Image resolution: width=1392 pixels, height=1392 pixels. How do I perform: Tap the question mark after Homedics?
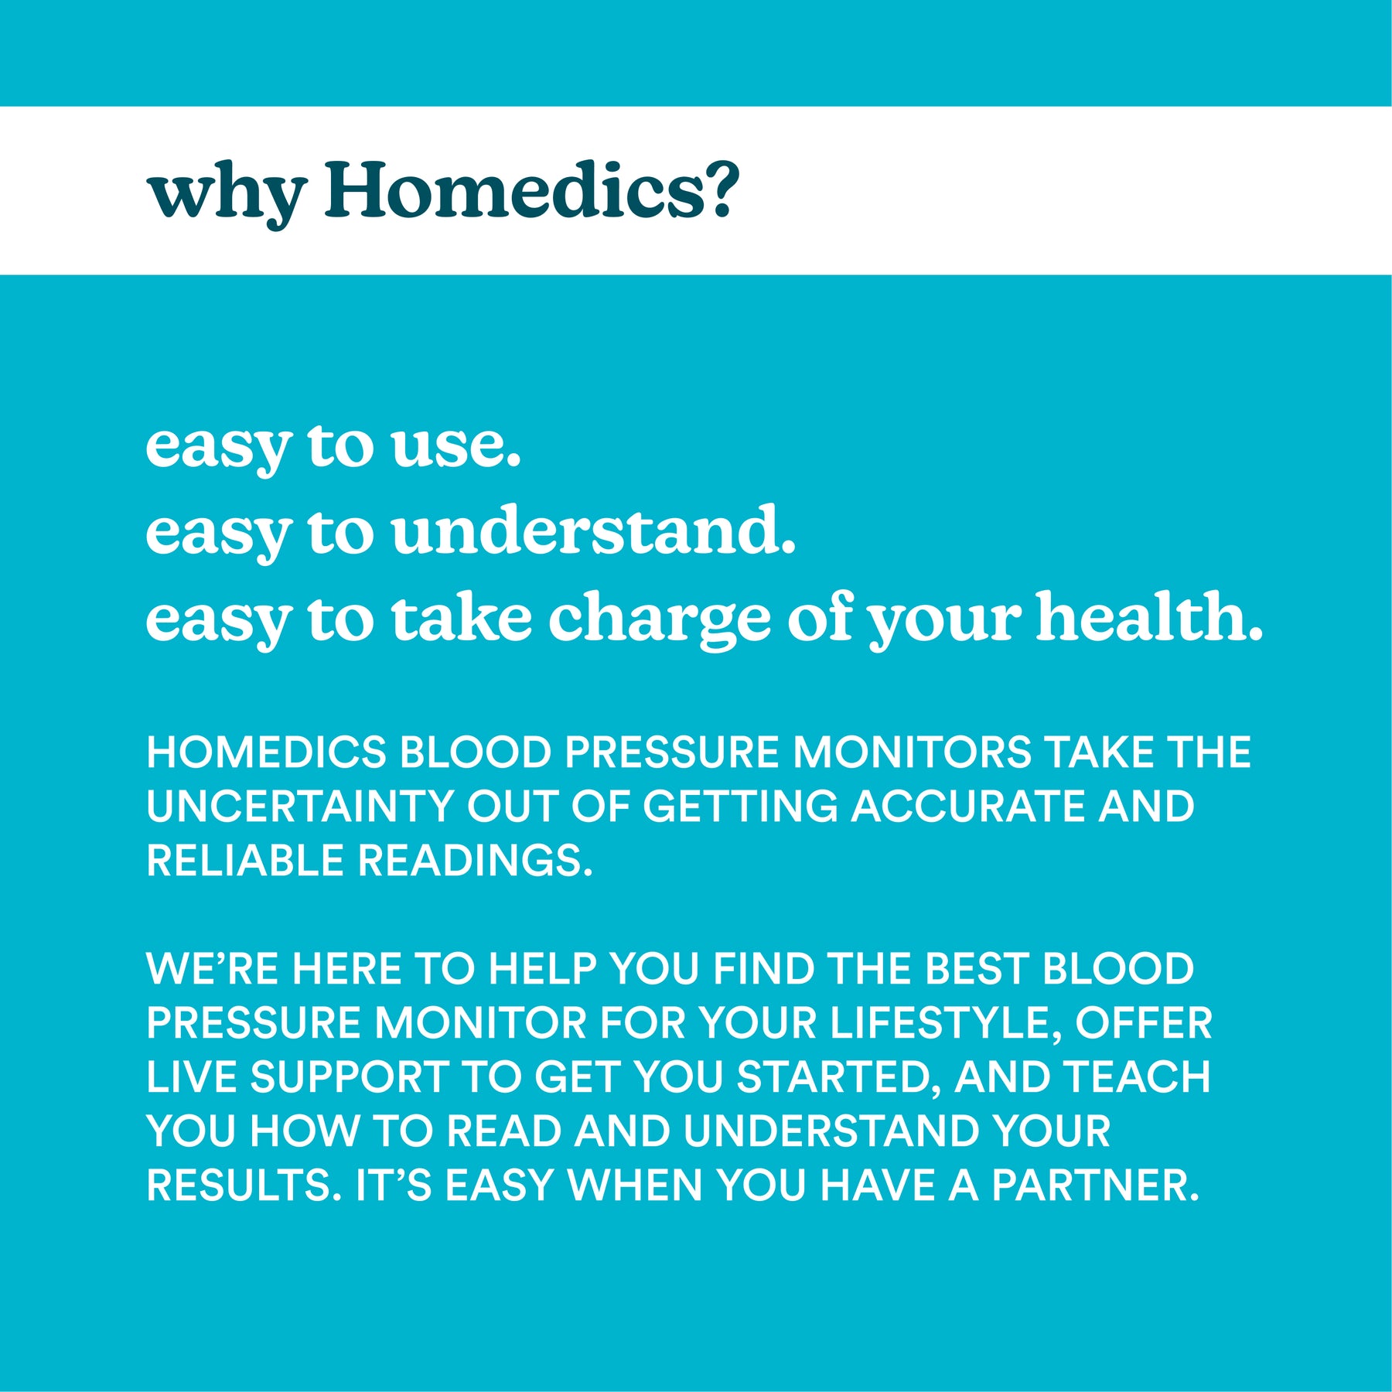[720, 188]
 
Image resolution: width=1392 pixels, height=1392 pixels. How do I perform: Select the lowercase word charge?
[660, 619]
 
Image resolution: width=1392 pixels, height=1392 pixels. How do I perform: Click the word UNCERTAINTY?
[299, 807]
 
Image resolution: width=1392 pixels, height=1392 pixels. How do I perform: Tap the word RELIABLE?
[245, 861]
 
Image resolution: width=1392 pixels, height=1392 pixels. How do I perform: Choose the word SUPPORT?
[349, 1077]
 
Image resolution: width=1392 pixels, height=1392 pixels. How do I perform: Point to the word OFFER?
[1144, 1023]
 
